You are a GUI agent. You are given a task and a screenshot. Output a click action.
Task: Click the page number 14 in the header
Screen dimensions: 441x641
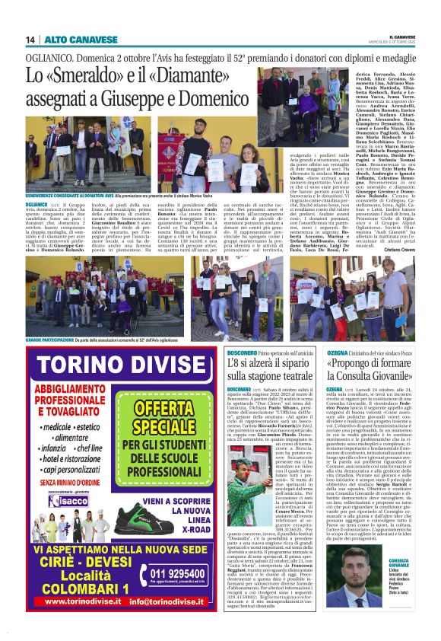coord(30,39)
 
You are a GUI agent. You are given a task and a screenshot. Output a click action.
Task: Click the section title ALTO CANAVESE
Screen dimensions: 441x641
coord(71,39)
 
